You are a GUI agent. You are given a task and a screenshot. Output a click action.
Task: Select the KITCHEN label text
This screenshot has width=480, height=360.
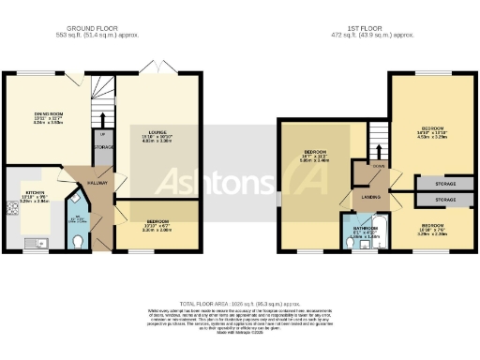[36, 193]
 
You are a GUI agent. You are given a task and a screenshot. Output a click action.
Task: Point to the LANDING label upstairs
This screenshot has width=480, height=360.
[370, 196]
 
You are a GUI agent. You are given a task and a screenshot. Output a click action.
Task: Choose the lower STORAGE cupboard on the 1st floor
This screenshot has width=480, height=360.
[445, 201]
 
